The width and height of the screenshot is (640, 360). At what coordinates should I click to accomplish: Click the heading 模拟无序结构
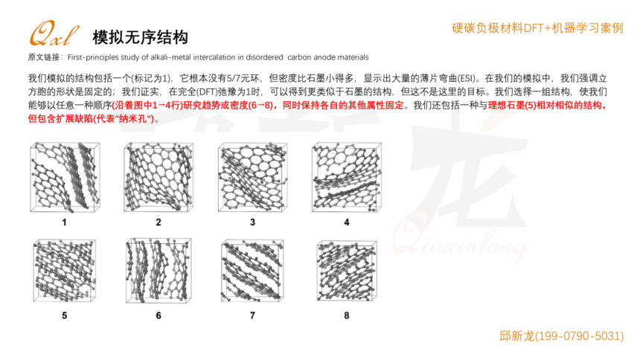(x=141, y=37)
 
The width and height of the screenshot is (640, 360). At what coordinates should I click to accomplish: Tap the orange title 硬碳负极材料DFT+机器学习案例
(x=537, y=28)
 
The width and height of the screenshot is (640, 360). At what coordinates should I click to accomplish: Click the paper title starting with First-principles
(x=218, y=57)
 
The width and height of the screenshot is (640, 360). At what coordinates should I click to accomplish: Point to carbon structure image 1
(x=65, y=178)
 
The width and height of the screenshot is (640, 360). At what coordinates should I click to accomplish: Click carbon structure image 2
(x=159, y=177)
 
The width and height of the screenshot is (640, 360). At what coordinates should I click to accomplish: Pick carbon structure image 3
(x=253, y=177)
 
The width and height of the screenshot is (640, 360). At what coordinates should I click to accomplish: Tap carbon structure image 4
(x=347, y=177)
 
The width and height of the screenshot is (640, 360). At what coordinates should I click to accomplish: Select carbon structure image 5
(x=65, y=271)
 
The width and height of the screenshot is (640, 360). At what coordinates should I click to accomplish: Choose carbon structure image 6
(x=159, y=271)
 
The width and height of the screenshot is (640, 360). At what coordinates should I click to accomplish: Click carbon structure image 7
(x=252, y=271)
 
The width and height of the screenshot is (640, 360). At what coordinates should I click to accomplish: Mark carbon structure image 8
(x=347, y=271)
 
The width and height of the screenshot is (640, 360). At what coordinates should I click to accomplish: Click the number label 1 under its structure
(x=64, y=222)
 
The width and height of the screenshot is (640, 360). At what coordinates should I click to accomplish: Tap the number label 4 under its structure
(x=347, y=222)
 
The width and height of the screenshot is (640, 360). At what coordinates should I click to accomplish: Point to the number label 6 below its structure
(x=159, y=315)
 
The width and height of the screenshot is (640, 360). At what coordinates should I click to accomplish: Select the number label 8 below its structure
(x=347, y=315)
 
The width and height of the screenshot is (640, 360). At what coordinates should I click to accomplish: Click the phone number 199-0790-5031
(x=579, y=336)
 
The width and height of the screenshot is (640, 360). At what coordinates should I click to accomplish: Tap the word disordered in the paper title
(x=264, y=57)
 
